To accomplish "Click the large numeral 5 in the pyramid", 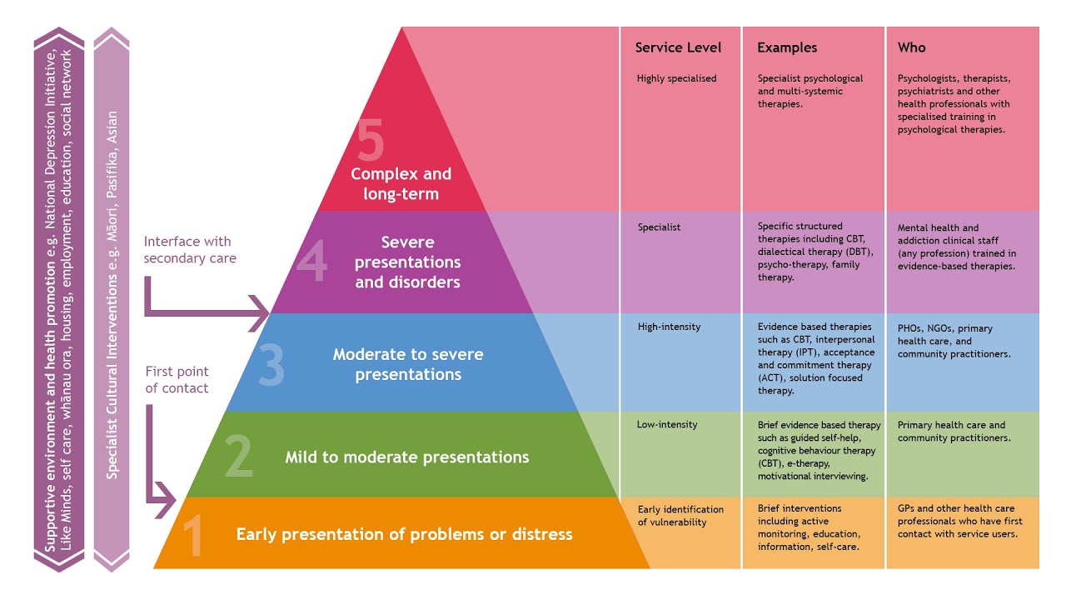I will click(371, 141).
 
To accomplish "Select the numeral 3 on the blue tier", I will click(271, 366).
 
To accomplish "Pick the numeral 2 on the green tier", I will click(238, 457).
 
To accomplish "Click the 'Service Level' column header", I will click(678, 47).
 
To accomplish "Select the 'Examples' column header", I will click(787, 47).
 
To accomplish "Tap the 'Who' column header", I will click(911, 47).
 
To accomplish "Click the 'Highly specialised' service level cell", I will click(676, 79).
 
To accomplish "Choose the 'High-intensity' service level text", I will click(669, 327).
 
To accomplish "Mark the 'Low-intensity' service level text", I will click(667, 425).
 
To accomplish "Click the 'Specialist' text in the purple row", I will click(659, 227).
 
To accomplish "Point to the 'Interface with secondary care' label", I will click(189, 250).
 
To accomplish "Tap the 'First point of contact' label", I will click(177, 380).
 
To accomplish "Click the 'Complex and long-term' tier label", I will click(401, 184).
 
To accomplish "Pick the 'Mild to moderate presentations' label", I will click(406, 457).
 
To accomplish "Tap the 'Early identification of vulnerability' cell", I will click(680, 516).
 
